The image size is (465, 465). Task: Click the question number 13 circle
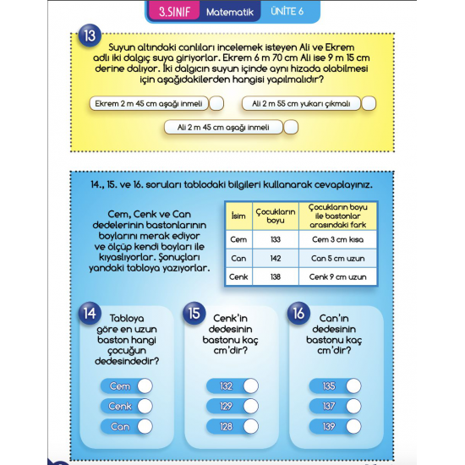(x=90, y=37)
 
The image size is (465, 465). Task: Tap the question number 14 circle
(x=89, y=313)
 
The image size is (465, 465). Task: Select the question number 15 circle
(x=194, y=313)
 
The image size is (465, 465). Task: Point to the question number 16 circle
(x=298, y=313)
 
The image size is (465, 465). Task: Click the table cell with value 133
(x=274, y=238)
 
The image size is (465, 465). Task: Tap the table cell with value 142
(x=274, y=257)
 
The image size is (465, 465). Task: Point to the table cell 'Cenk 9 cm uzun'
(x=337, y=276)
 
